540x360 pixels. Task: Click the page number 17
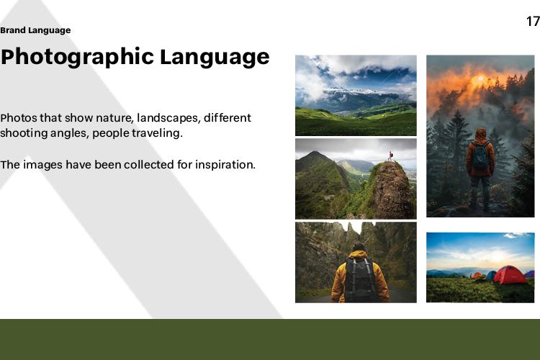(533, 22)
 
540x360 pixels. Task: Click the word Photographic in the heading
(77, 57)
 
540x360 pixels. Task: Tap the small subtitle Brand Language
(35, 30)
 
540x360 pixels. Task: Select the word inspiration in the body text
(225, 165)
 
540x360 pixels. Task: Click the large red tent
(510, 275)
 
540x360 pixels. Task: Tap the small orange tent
(477, 275)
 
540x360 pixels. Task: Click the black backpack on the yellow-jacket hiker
(360, 279)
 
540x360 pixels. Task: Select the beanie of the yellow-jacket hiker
(359, 247)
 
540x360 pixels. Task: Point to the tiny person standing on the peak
(390, 156)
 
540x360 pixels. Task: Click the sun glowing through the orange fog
(480, 80)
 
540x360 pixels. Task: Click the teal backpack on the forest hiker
(480, 156)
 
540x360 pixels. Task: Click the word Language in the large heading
(215, 57)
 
